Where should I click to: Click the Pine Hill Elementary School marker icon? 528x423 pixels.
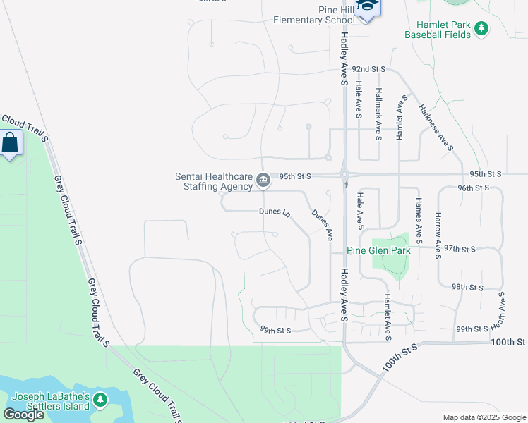(x=367, y=8)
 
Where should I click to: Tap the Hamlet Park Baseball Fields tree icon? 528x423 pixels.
(x=481, y=29)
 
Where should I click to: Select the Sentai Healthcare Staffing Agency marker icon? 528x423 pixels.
(x=263, y=181)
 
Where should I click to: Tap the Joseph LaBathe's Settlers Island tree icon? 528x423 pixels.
(x=100, y=400)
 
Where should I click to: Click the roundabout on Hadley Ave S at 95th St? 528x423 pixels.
(x=345, y=175)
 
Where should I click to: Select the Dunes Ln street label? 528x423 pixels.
(x=275, y=211)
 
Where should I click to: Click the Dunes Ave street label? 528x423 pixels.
(x=322, y=225)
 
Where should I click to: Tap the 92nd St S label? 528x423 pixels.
(x=369, y=69)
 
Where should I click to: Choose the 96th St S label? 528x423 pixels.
(x=473, y=188)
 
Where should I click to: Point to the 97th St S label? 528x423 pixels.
(x=460, y=249)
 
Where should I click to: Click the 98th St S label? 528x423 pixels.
(x=468, y=287)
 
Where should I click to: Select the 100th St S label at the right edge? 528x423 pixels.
(x=510, y=342)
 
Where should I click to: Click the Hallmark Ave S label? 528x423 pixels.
(x=379, y=113)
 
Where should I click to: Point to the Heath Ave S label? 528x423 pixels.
(x=502, y=312)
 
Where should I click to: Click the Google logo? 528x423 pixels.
(x=23, y=415)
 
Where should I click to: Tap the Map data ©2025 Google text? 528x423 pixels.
(x=484, y=417)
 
